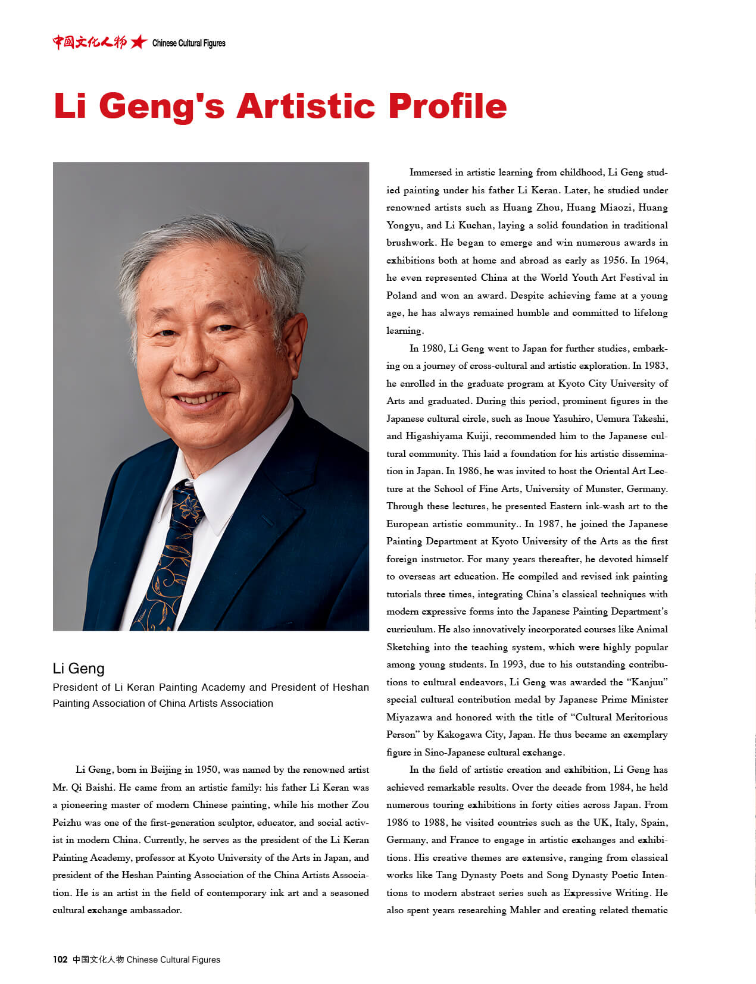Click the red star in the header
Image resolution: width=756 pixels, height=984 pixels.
(x=139, y=42)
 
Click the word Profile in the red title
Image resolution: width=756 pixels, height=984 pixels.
(x=447, y=106)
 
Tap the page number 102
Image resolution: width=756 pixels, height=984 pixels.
(x=60, y=960)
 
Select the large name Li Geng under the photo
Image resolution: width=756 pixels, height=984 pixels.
(x=79, y=669)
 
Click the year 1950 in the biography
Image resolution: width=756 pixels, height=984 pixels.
(x=207, y=770)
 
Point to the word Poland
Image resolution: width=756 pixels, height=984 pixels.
(x=402, y=296)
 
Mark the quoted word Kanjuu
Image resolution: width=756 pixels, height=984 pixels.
(x=648, y=682)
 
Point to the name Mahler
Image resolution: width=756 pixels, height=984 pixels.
(x=524, y=910)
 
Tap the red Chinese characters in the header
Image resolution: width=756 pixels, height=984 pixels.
(x=89, y=42)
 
